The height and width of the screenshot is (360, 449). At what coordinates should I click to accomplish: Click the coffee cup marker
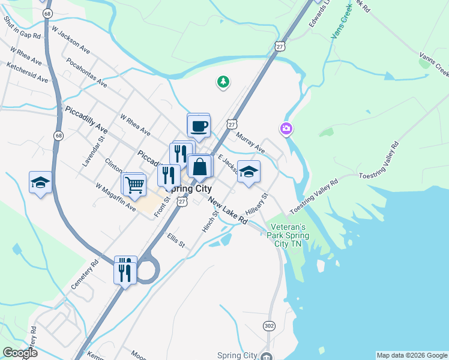[199, 126]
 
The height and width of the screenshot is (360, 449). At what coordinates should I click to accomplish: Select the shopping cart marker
[134, 185]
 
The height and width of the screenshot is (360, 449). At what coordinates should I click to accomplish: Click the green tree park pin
[223, 82]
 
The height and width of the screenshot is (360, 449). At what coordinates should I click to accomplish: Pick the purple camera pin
[286, 128]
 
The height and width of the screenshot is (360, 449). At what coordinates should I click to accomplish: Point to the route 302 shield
[269, 325]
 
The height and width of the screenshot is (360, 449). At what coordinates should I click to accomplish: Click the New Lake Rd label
[228, 212]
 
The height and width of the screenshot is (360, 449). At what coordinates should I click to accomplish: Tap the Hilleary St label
[256, 204]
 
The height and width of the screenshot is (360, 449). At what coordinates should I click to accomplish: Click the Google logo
[20, 353]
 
